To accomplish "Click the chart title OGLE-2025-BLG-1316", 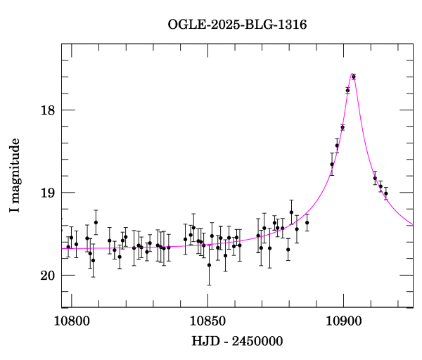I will point(237,24).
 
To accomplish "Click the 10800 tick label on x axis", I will point(71,321).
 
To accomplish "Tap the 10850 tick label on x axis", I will point(207,321).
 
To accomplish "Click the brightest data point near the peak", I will point(354,77).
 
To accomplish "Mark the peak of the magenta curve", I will point(352,74).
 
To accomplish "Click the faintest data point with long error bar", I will point(209,265).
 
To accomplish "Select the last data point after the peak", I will point(386,193).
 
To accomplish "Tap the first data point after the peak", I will point(375,178).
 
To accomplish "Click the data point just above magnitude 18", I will point(347,90).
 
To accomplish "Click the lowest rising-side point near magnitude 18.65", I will point(332,165).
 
